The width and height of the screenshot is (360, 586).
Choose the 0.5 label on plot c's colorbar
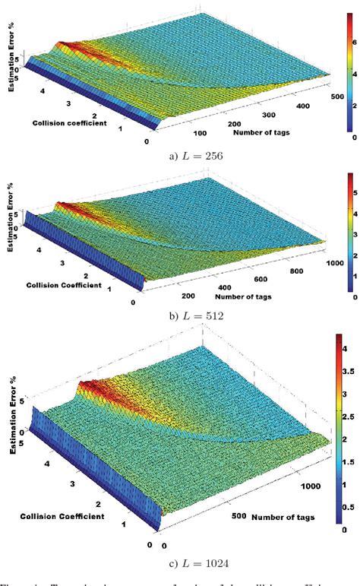click(349, 505)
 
